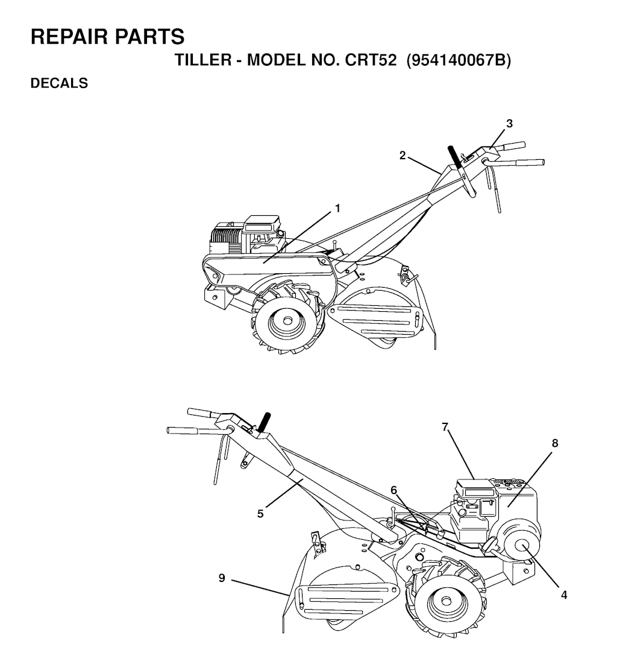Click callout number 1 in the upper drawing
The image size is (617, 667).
coord(338,209)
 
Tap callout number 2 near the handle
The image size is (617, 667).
coord(402,156)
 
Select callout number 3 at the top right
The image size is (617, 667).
coord(509,124)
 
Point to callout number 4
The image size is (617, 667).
coord(564,595)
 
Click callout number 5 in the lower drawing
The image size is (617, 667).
coord(260,514)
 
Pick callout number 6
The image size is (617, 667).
coord(393,490)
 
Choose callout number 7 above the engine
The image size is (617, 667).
coord(445,426)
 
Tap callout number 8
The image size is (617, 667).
coord(555,443)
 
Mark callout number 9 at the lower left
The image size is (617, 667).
coord(221,578)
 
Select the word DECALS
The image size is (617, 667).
coord(59,83)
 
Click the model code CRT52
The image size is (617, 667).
coord(371,60)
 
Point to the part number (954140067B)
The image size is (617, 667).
coord(459,60)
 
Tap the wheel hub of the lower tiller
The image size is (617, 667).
coord(446,601)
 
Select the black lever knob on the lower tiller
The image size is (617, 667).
coord(265,422)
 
